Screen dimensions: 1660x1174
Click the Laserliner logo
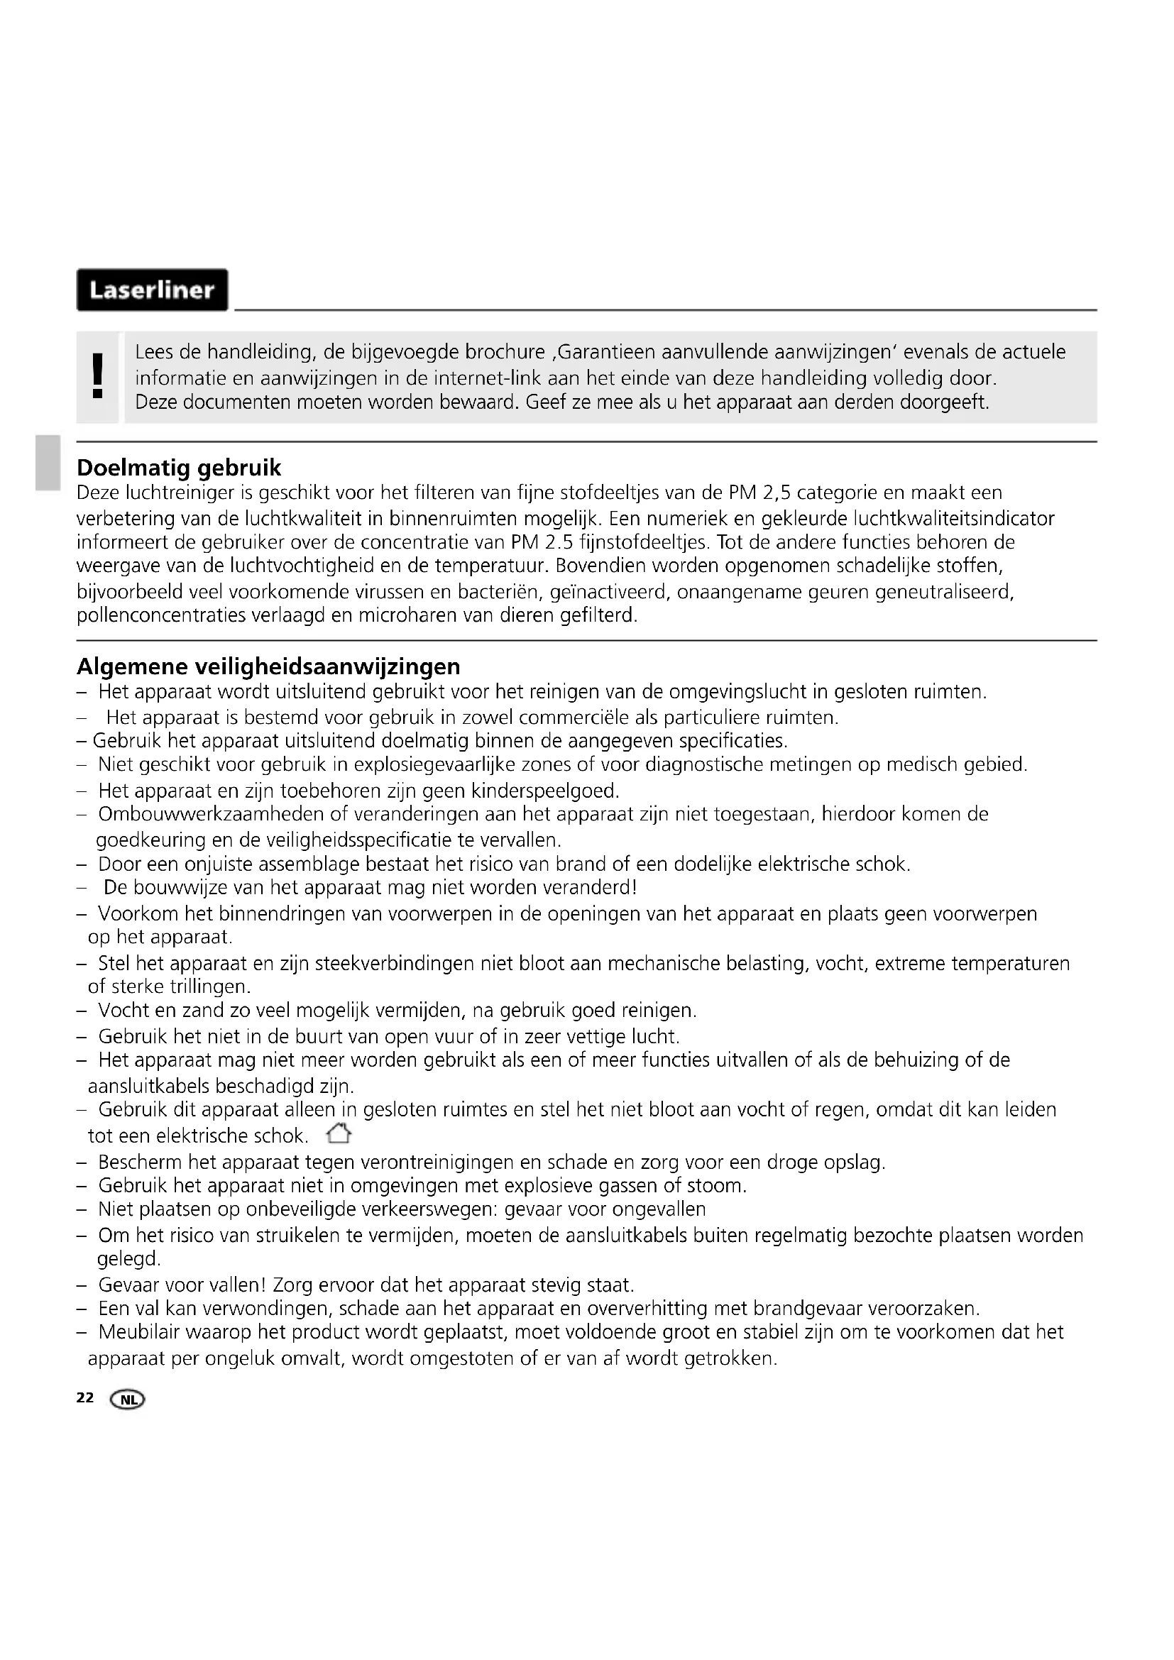pyautogui.click(x=152, y=290)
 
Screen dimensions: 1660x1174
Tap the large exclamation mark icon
pyautogui.click(x=97, y=377)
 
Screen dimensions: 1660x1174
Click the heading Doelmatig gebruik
pyautogui.click(x=179, y=468)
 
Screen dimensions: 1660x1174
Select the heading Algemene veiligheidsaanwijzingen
pyautogui.click(x=268, y=666)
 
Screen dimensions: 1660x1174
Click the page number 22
pyautogui.click(x=84, y=1397)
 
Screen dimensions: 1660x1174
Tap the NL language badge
pyautogui.click(x=127, y=1400)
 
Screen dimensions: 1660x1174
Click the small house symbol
pyautogui.click(x=339, y=1133)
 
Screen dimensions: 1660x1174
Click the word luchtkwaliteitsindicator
pyautogui.click(x=953, y=518)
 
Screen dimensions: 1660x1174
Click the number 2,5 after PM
pyautogui.click(x=776, y=493)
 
